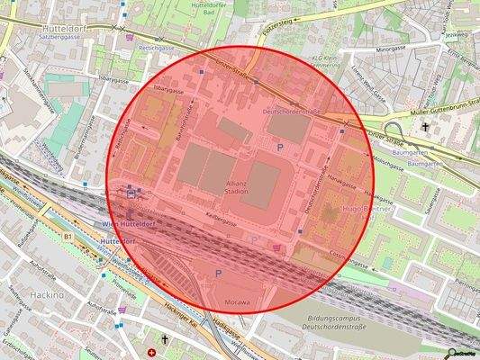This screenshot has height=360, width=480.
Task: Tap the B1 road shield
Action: [x=67, y=236]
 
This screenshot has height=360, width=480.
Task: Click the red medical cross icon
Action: [x=149, y=350]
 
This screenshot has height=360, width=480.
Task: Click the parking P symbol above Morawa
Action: [x=217, y=273]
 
